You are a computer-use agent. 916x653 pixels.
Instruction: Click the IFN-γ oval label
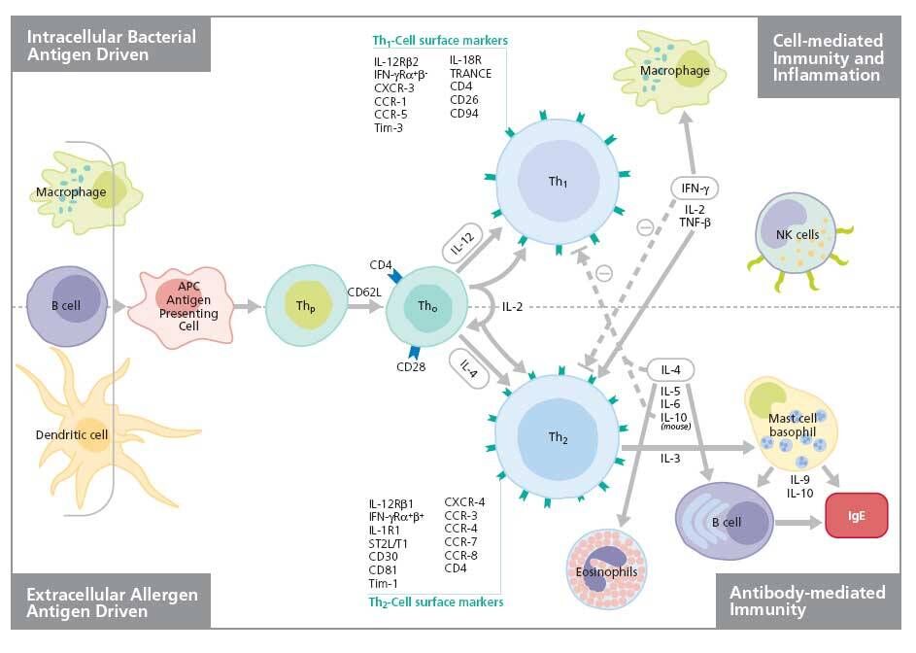695,188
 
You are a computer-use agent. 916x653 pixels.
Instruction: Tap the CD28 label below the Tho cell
412,366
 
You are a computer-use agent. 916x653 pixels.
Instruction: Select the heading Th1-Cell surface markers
440,41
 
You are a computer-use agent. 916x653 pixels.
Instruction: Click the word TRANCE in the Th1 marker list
470,73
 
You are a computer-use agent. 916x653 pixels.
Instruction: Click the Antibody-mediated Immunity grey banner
806,601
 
